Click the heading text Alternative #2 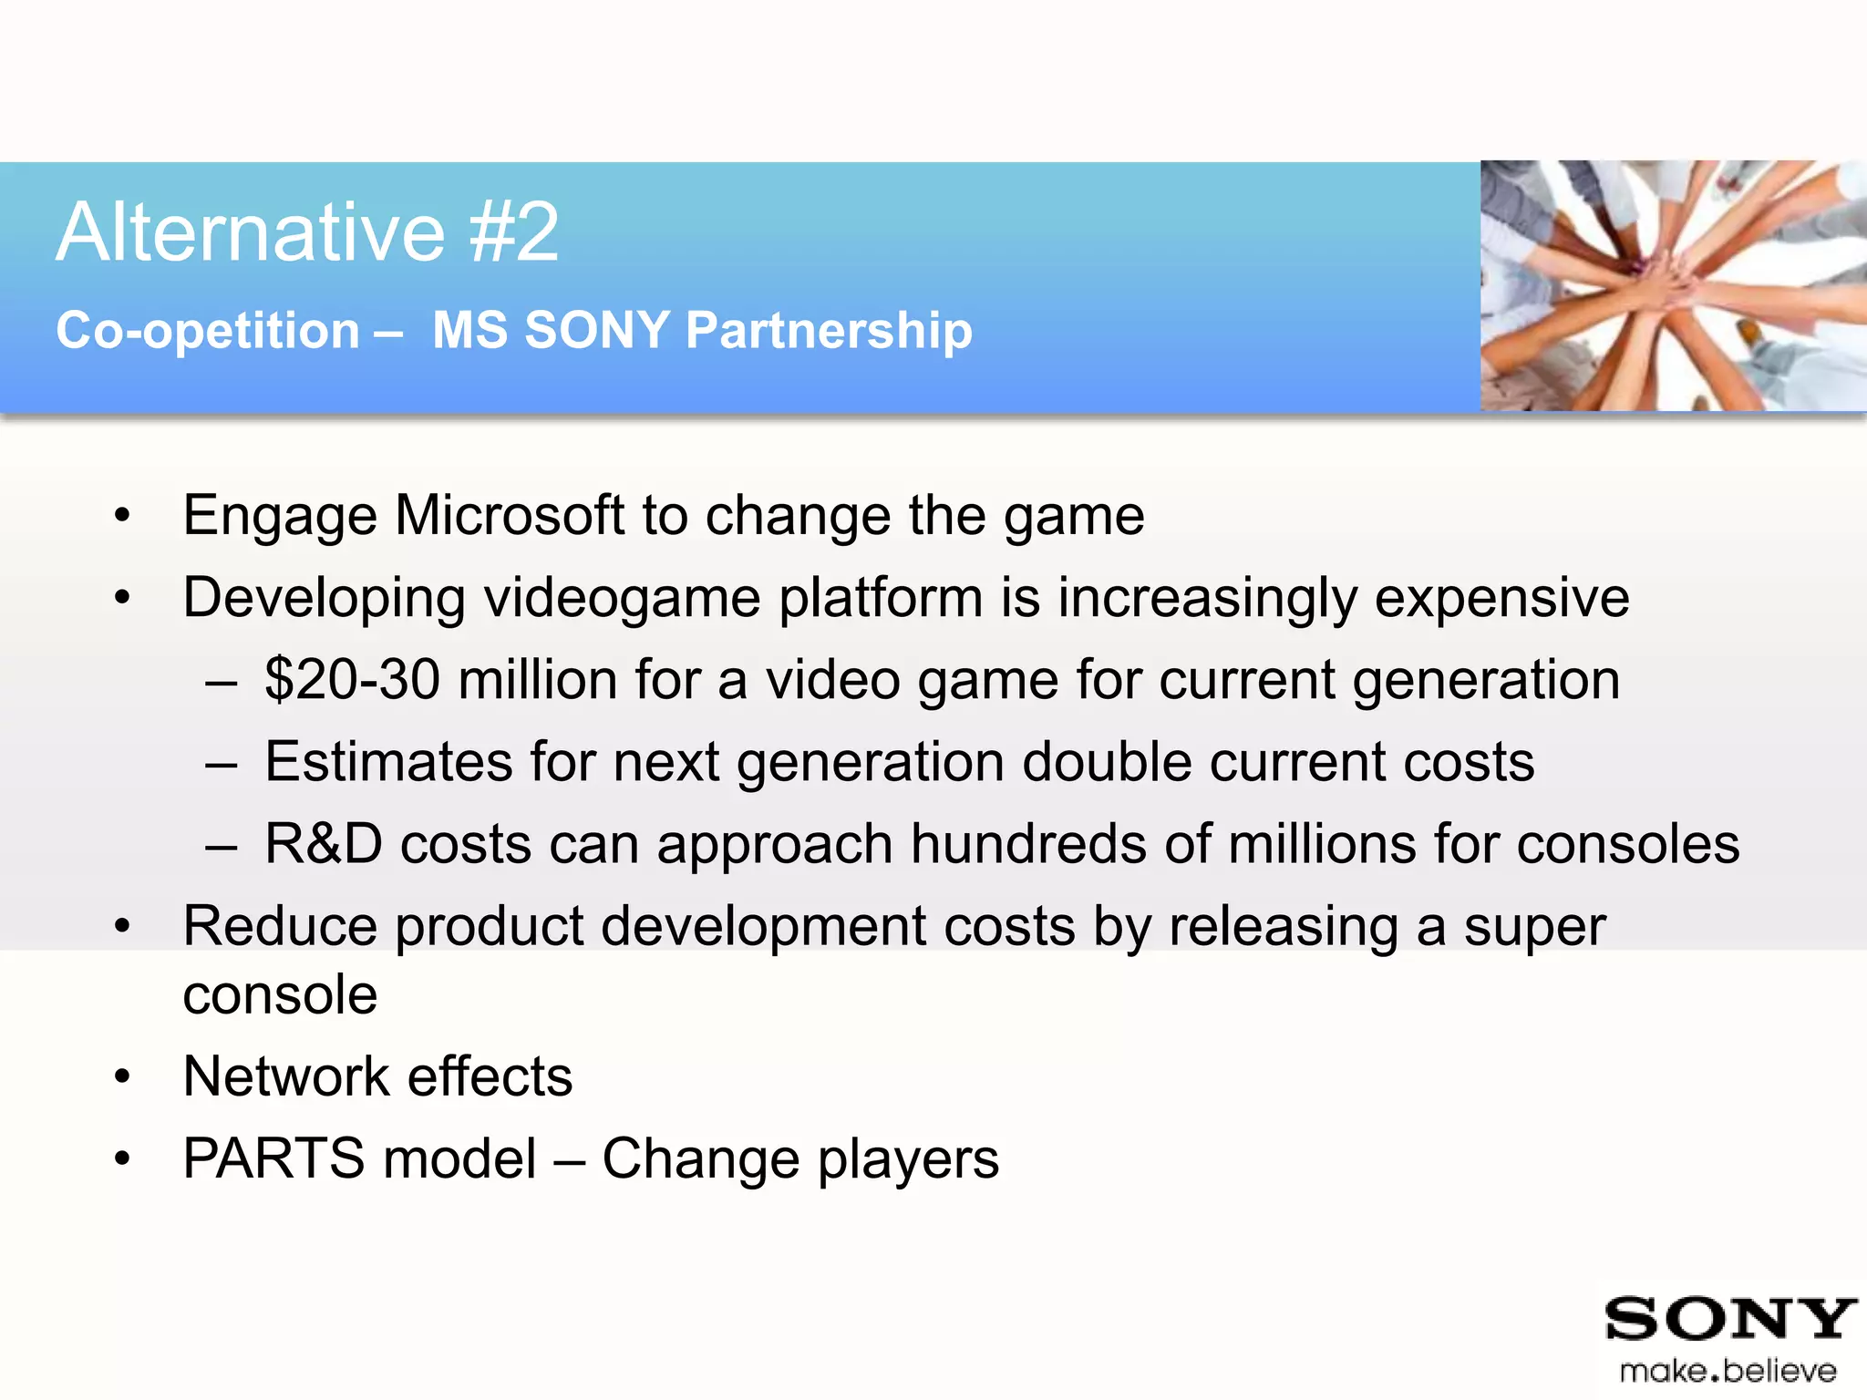pos(307,233)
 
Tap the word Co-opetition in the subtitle pos(208,330)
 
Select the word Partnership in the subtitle pos(829,330)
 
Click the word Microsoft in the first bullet pos(509,516)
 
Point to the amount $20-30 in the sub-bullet pos(352,680)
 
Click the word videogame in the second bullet pos(622,599)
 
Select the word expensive pos(1501,599)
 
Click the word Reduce pos(280,926)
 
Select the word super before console pos(1534,928)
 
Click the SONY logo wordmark pos(1729,1319)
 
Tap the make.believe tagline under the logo pos(1728,1371)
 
